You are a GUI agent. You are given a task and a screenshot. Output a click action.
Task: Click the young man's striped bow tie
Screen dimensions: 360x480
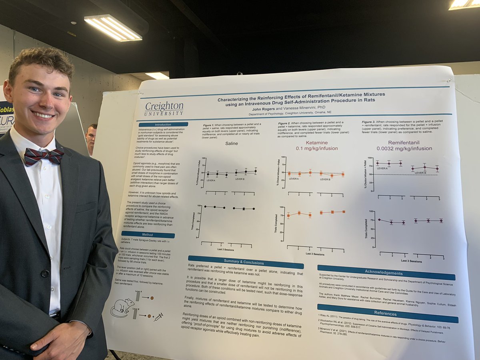tap(44, 155)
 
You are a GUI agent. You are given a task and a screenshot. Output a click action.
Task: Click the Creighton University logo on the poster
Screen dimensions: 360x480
tap(164, 108)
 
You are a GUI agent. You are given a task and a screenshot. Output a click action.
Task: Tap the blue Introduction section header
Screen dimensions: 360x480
tap(163, 124)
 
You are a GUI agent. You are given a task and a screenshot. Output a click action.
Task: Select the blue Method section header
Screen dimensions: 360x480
tap(148, 235)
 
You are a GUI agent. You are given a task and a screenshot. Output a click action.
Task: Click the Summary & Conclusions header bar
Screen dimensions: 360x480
tap(246, 262)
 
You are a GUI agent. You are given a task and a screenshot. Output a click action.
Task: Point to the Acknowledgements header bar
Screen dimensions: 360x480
tap(386, 272)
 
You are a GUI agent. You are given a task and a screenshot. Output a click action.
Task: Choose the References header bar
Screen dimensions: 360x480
tap(387, 313)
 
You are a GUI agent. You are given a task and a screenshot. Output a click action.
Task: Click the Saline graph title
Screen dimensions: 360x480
tap(231, 143)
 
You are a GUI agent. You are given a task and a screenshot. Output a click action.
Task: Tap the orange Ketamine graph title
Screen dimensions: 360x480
tap(316, 145)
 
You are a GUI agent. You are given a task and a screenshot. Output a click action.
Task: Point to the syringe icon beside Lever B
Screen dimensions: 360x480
tap(158, 317)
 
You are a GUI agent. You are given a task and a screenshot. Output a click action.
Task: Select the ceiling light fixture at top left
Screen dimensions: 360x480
tap(113, 28)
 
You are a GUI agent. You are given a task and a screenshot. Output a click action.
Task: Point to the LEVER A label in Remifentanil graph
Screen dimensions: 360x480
tap(382, 168)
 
